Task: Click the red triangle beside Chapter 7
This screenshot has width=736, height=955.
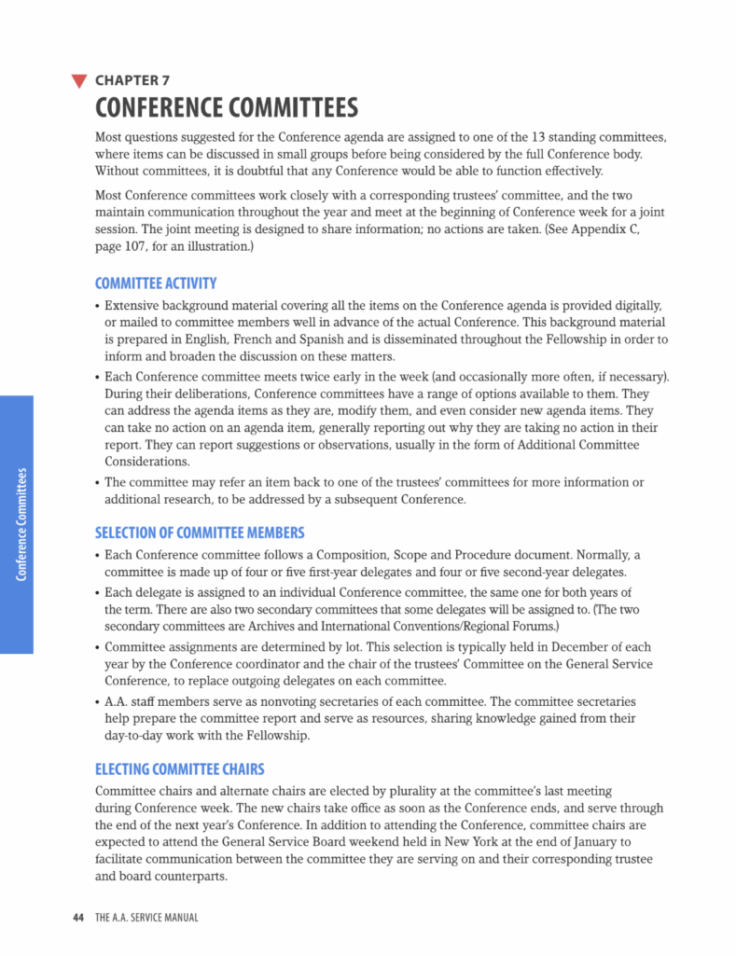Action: [x=79, y=81]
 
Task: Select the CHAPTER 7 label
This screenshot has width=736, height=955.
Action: [x=132, y=81]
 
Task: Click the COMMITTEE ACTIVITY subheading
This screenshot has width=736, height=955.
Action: [x=156, y=284]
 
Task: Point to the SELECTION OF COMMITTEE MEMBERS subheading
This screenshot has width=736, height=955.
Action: [x=200, y=533]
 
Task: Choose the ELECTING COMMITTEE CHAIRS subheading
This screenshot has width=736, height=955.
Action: [x=180, y=769]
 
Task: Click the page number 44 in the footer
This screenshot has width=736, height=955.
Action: [x=79, y=918]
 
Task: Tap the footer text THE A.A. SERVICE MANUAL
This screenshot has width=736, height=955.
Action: [x=146, y=918]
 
